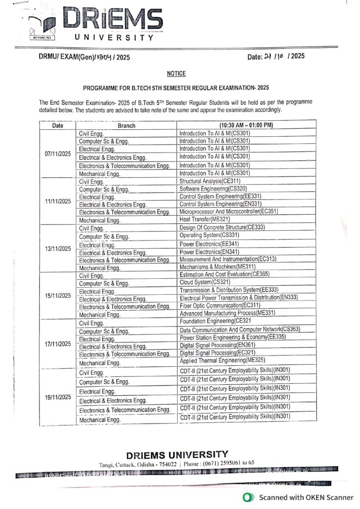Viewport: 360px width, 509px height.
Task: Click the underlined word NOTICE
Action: click(176, 74)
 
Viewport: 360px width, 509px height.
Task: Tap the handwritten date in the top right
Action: click(276, 57)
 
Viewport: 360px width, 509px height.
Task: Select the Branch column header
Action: click(126, 126)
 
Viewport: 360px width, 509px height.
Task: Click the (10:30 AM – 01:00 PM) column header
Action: click(246, 125)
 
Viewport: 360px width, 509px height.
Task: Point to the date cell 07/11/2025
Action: click(58, 153)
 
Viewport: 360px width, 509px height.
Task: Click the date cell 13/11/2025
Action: click(58, 249)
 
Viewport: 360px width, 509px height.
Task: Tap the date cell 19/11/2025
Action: click(58, 397)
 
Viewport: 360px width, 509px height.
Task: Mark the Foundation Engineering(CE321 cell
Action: click(215, 321)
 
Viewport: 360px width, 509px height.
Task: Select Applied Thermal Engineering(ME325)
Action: click(222, 360)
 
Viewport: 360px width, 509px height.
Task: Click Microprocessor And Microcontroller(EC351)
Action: click(228, 211)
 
